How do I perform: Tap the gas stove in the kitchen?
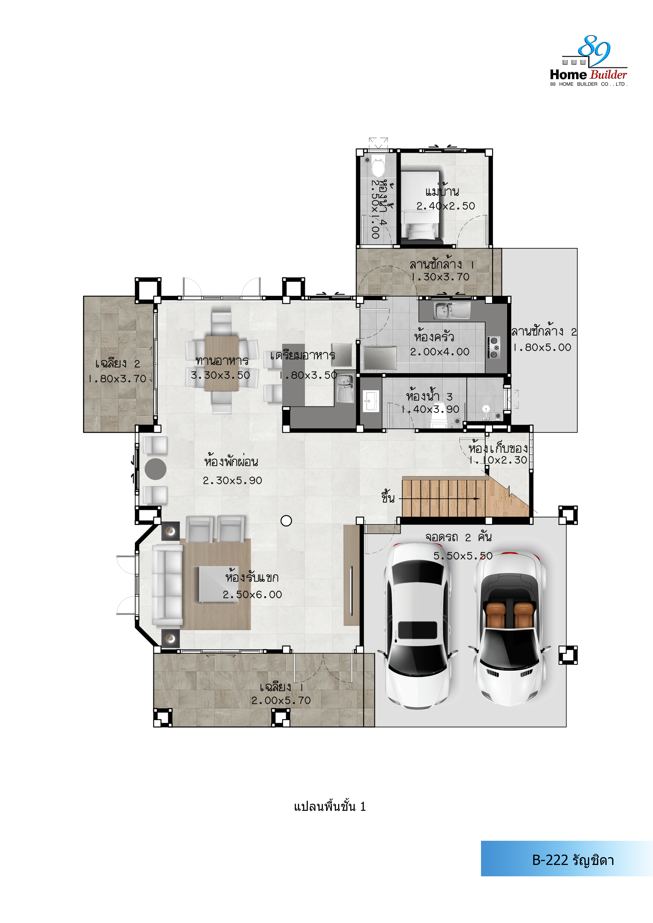tap(494, 347)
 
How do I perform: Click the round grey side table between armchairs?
tap(156, 469)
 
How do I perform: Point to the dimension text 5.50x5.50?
tap(463, 556)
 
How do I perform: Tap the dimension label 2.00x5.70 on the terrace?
tap(281, 700)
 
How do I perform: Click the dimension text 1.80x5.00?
tap(542, 347)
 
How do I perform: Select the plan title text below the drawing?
tap(330, 807)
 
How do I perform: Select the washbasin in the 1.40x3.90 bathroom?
tap(371, 401)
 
